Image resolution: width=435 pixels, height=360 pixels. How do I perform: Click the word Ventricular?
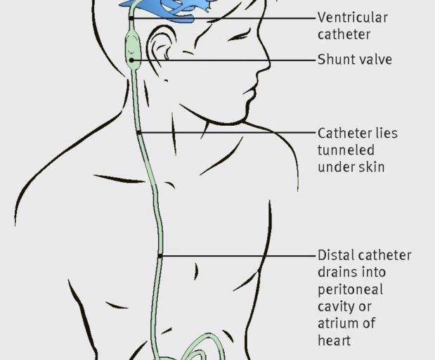point(352,18)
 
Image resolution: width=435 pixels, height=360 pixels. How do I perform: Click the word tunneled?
point(346,150)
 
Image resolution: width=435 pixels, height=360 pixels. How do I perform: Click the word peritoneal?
point(350,290)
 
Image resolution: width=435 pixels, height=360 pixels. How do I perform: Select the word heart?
point(334,340)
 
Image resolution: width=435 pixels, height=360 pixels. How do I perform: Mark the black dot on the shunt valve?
point(131,60)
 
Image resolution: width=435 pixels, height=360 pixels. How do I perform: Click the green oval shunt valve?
point(133,49)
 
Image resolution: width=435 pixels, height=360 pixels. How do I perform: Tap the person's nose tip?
point(270,65)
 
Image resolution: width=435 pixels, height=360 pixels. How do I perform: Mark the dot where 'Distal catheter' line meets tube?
point(160,256)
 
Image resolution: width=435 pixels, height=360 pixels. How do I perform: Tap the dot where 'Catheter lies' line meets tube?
point(138,133)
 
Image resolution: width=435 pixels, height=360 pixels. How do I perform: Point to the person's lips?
point(250,93)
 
